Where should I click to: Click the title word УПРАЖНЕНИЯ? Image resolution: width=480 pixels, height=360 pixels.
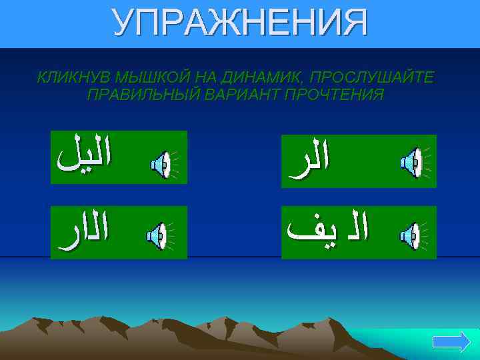click(x=240, y=23)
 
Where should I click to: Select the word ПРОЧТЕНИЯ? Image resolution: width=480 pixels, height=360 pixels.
click(x=335, y=95)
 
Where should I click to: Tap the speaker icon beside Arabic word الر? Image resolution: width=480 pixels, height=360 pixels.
click(x=411, y=162)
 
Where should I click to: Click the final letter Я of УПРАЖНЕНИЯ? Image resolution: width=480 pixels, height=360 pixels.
click(x=353, y=23)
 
